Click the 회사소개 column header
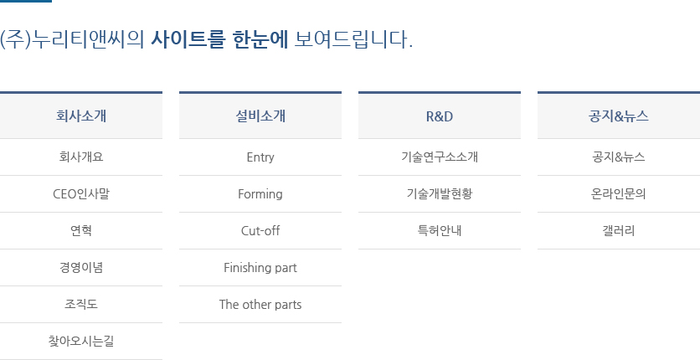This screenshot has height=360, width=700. click(81, 116)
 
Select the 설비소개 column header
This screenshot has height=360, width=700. click(260, 116)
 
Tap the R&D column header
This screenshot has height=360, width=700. click(440, 116)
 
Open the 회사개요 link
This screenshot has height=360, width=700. click(81, 157)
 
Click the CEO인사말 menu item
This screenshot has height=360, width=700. click(81, 194)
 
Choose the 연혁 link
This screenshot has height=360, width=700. click(81, 230)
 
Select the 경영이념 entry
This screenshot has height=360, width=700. click(81, 268)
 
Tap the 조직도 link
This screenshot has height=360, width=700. click(81, 305)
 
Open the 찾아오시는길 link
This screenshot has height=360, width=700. click(81, 342)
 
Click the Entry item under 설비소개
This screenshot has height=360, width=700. click(260, 157)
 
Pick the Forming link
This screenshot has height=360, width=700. click(260, 194)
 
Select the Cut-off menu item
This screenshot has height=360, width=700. click(260, 230)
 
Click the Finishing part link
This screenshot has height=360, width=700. click(260, 268)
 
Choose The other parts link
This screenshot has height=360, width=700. click(260, 305)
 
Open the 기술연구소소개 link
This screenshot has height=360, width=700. click(440, 157)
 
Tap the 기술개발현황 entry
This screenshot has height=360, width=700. click(440, 194)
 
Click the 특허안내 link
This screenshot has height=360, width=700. click(440, 230)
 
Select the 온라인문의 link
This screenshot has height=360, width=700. click(618, 194)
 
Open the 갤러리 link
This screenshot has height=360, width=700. click(618, 230)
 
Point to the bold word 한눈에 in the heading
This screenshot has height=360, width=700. click(260, 39)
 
